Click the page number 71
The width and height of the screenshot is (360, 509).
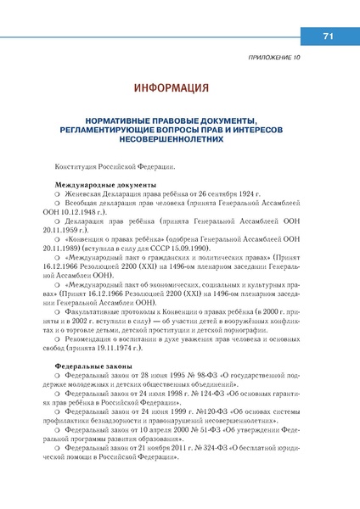[327, 36]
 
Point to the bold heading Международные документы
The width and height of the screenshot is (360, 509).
[104, 185]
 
